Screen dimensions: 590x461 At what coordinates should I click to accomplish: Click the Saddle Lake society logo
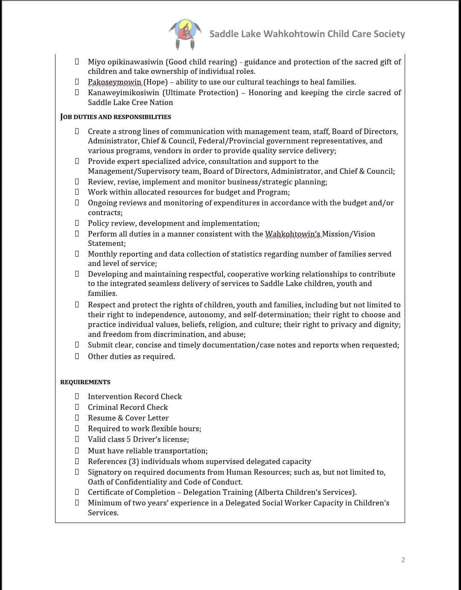pyautogui.click(x=185, y=34)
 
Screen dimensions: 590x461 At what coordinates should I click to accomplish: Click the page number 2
pyautogui.click(x=403, y=560)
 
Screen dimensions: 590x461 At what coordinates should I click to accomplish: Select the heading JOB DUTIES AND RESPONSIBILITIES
pyautogui.click(x=116, y=117)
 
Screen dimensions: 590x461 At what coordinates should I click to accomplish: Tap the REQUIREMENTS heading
pyautogui.click(x=85, y=382)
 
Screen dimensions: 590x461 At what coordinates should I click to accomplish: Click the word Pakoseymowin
pyautogui.click(x=115, y=82)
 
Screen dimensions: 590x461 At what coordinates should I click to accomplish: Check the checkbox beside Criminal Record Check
pyautogui.click(x=77, y=407)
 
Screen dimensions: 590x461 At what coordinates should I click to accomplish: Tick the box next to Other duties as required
pyautogui.click(x=77, y=356)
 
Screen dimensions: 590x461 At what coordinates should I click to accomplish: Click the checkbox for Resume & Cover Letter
pyautogui.click(x=77, y=418)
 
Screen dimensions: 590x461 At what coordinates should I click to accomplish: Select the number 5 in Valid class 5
pyautogui.click(x=129, y=439)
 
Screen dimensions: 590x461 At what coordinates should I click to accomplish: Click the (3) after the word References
pyautogui.click(x=134, y=461)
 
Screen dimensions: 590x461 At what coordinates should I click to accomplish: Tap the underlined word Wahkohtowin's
pyautogui.click(x=292, y=234)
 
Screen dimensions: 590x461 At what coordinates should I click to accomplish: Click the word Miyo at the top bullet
pyautogui.click(x=96, y=62)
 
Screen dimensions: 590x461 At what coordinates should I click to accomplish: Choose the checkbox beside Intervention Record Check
pyautogui.click(x=77, y=397)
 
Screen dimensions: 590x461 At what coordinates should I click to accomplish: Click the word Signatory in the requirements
pyautogui.click(x=105, y=472)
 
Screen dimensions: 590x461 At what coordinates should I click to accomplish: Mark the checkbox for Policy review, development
pyautogui.click(x=77, y=223)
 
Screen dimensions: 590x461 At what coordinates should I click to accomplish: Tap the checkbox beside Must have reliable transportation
pyautogui.click(x=77, y=451)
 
